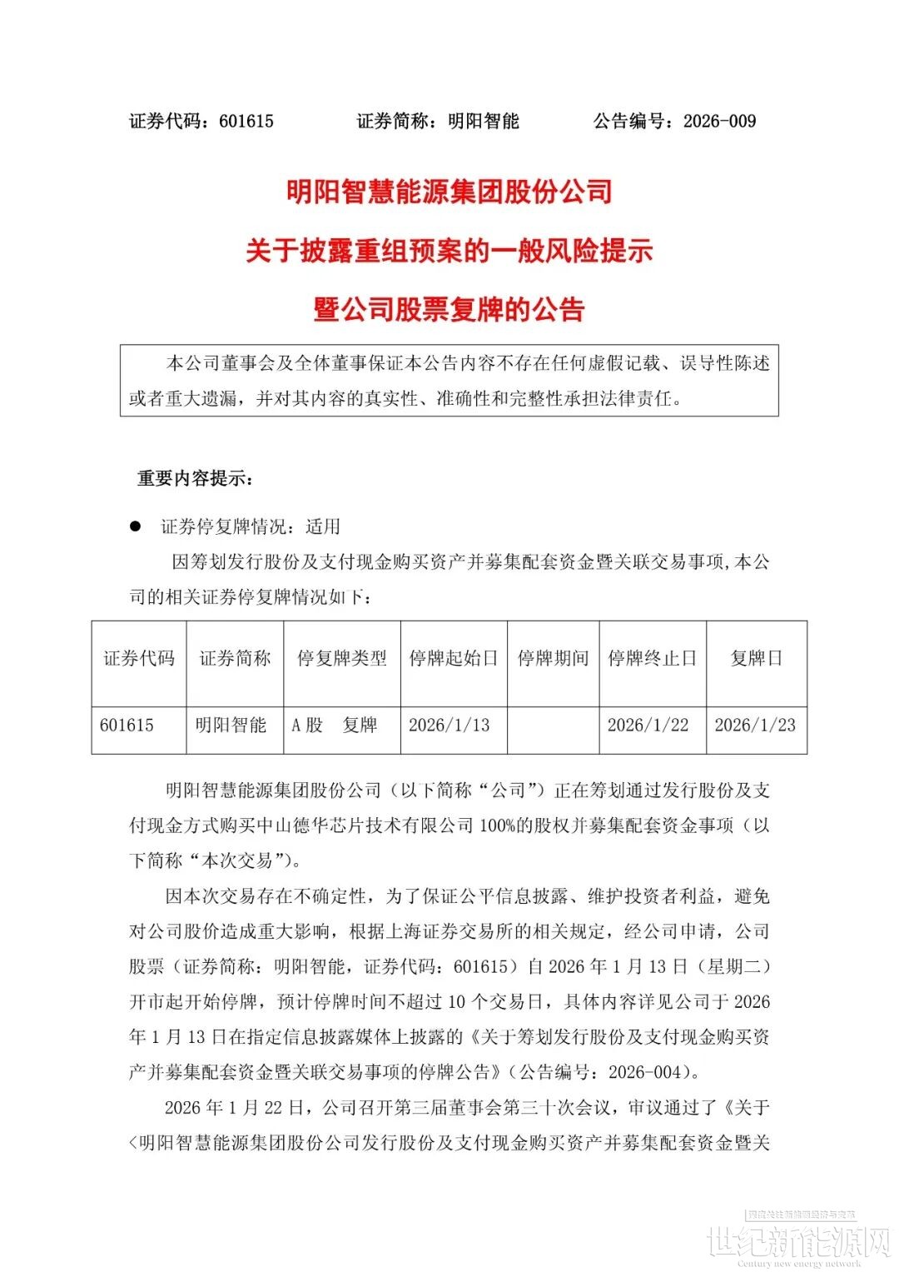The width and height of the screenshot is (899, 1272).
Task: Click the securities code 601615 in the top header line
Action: pos(246,122)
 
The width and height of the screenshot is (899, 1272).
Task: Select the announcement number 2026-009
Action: pos(719,122)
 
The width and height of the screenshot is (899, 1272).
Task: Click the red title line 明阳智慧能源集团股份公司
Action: pos(449,192)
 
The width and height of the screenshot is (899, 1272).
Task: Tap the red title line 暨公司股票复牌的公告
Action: pos(449,310)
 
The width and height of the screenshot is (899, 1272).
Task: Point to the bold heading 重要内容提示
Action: pos(195,479)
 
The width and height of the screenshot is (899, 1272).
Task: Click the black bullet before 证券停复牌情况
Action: pos(135,526)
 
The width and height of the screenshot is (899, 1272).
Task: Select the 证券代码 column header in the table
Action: pos(139,659)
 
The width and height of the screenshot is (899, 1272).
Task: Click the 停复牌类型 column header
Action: pos(342,659)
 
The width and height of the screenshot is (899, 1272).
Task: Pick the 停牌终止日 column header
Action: pos(652,659)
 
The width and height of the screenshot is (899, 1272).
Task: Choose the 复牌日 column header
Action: pos(756,659)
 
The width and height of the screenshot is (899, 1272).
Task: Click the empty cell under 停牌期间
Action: pos(553,726)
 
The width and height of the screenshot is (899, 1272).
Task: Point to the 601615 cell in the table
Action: pos(127,726)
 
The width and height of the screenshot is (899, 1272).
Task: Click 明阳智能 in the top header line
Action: pos(484,122)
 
